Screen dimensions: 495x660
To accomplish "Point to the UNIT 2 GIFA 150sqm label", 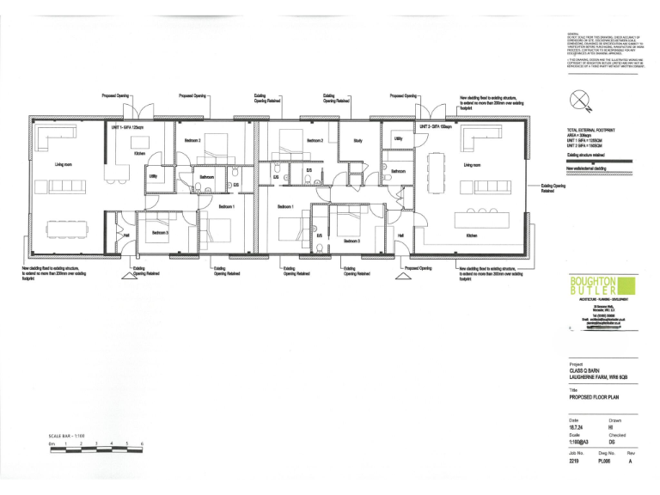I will point(434,127).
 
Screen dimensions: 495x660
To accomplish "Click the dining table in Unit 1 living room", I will point(67,227).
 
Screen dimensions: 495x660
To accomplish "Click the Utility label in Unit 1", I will point(153,176).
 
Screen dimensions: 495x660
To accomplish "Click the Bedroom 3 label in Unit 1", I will point(161,233).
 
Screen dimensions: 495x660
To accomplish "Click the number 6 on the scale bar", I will point(141,443).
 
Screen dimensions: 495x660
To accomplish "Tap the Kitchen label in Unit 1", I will point(139,153).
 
